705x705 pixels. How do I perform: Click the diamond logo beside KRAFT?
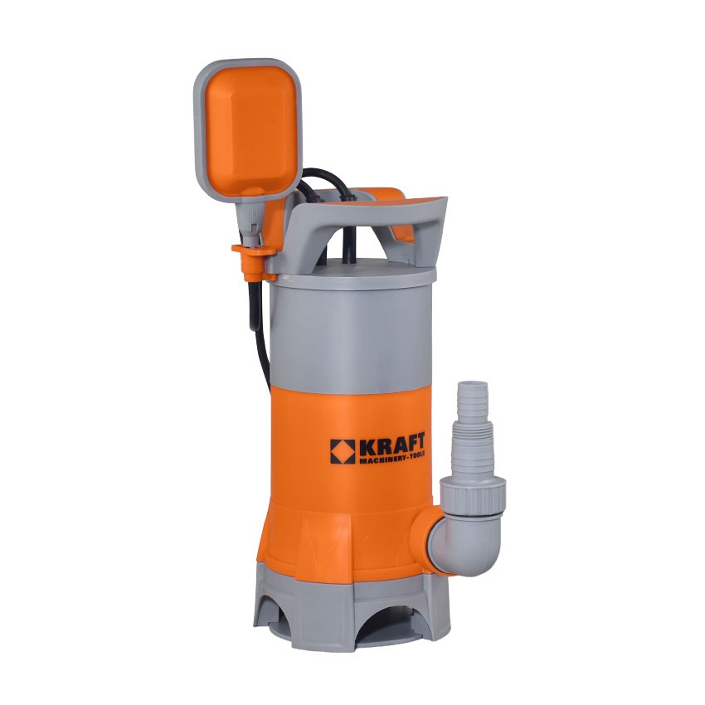click(x=343, y=451)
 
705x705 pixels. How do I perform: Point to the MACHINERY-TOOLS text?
click(x=391, y=460)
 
